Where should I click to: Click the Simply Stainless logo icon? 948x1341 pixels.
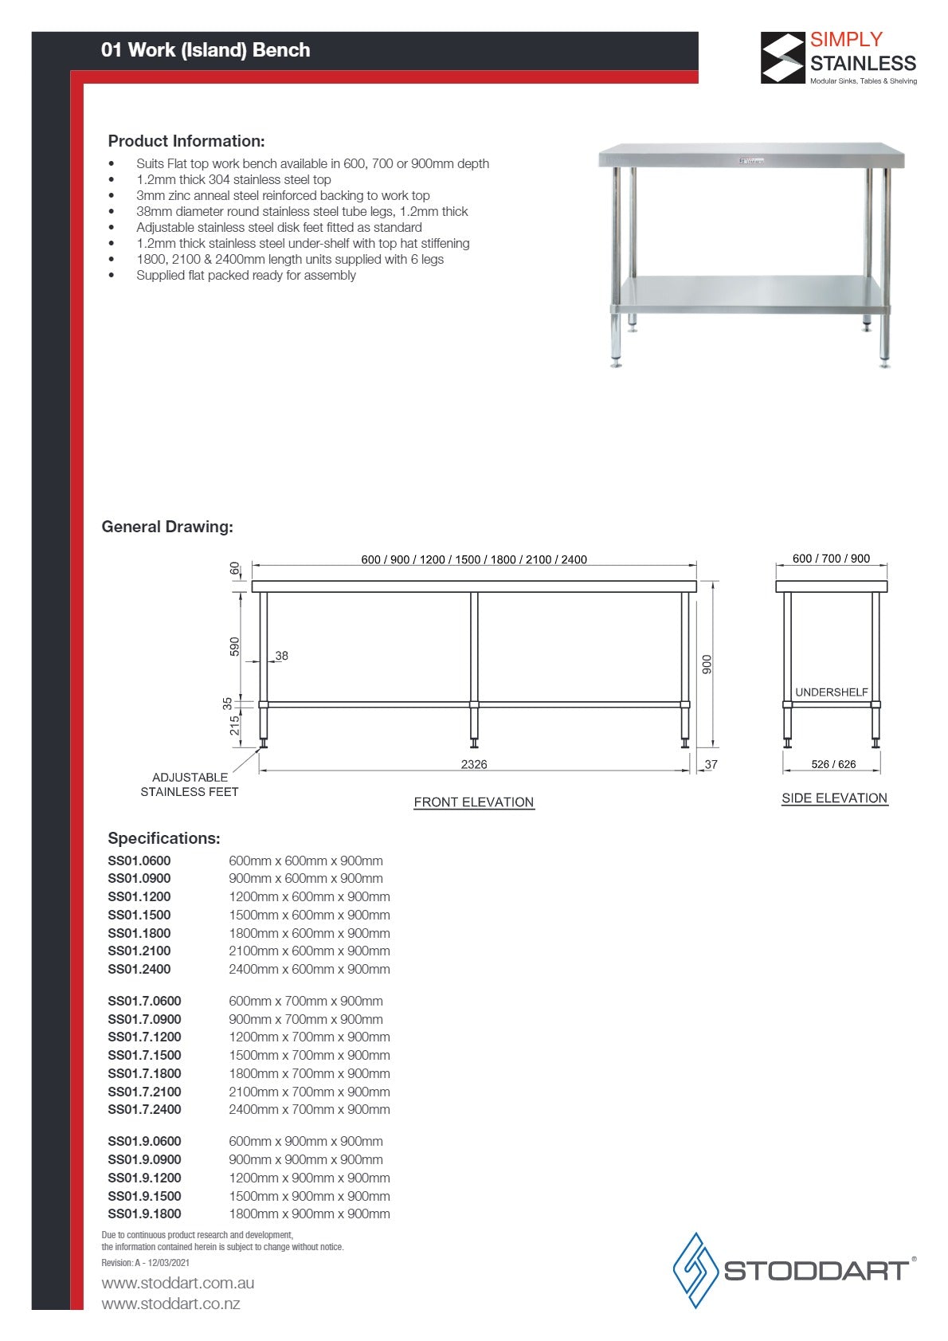click(782, 58)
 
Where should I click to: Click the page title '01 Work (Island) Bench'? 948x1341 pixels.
click(206, 50)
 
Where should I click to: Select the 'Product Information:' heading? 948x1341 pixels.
click(186, 141)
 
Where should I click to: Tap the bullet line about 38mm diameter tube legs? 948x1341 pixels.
click(302, 211)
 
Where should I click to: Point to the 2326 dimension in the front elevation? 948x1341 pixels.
click(474, 764)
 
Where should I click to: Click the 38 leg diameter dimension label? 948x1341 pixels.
click(281, 656)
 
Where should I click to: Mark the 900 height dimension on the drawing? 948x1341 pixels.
click(707, 665)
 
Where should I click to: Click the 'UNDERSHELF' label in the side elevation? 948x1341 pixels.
click(832, 692)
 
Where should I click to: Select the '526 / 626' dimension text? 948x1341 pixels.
click(833, 764)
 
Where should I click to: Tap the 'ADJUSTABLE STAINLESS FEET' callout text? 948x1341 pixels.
click(190, 784)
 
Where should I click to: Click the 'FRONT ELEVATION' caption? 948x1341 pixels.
click(474, 802)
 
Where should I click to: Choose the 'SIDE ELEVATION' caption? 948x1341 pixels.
click(834, 798)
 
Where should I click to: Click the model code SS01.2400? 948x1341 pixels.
click(139, 969)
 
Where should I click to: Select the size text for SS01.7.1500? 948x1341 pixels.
click(309, 1055)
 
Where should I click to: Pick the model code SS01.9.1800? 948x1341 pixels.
click(144, 1214)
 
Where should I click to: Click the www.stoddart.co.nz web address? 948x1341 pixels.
click(170, 1304)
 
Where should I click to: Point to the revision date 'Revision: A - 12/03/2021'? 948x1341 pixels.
click(146, 1262)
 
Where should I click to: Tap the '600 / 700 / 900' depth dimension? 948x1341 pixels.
click(831, 559)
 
